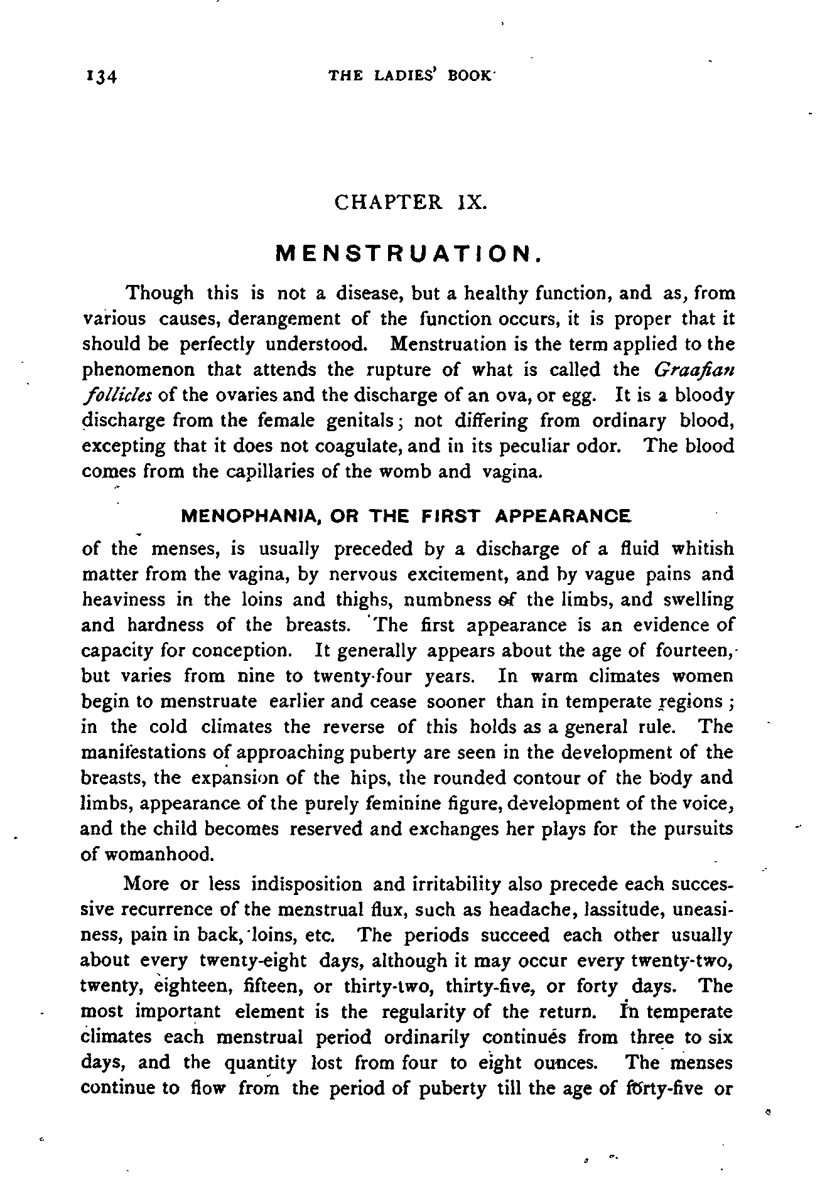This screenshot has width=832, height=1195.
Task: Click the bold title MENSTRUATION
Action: [409, 254]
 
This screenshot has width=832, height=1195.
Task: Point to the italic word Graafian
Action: [694, 370]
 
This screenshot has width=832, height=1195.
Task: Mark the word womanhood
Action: [156, 855]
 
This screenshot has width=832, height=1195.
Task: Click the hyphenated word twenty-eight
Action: [252, 961]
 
